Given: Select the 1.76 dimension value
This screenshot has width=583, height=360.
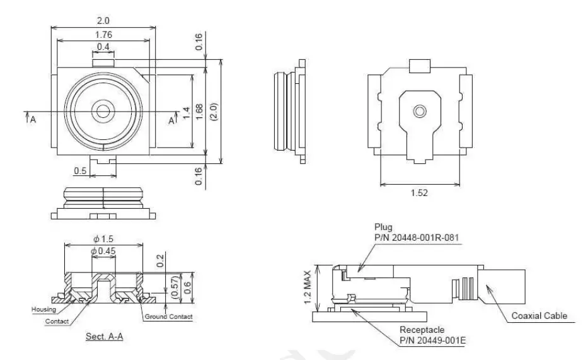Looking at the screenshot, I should tap(103, 35).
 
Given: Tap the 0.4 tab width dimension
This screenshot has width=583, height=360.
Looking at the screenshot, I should tap(103, 47).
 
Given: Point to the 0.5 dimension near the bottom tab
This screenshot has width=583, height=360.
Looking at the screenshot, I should tap(80, 171).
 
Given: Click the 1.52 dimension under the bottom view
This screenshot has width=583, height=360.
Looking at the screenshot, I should tap(419, 193).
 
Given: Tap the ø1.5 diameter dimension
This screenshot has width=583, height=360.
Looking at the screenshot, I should tap(103, 240).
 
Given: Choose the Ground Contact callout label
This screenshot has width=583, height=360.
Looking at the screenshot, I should tap(168, 316).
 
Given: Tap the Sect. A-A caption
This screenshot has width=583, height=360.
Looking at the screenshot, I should tap(104, 337).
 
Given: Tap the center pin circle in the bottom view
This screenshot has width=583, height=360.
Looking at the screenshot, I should tap(419, 112).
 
